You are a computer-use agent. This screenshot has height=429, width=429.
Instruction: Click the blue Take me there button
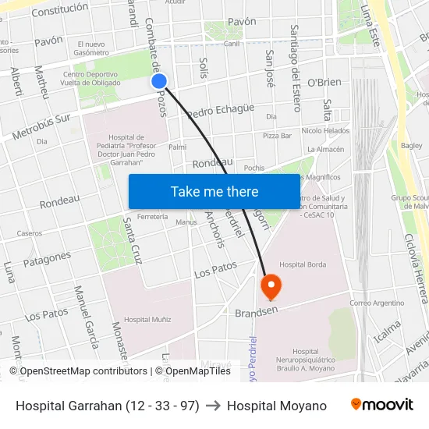pyautogui.click(x=214, y=191)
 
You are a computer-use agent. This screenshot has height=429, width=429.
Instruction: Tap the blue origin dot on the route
pyautogui.click(x=159, y=80)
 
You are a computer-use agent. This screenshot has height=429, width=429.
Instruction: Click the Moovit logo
pyautogui.click(x=381, y=405)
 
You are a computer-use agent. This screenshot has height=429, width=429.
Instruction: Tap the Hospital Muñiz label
pyautogui.click(x=147, y=319)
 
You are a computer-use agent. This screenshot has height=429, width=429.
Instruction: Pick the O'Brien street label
pyautogui.click(x=324, y=82)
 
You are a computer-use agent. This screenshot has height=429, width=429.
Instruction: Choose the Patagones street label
pyautogui.click(x=47, y=259)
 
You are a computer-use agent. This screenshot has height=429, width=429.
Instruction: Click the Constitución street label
pyautogui.click(x=60, y=9)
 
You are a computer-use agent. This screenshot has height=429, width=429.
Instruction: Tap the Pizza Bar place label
pyautogui.click(x=277, y=135)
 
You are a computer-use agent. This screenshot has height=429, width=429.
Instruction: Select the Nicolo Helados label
pyautogui.click(x=325, y=130)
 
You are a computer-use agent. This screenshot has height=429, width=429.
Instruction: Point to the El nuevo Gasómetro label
pyautogui.click(x=91, y=48)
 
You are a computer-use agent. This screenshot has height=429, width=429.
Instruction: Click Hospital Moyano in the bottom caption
pyautogui.click(x=276, y=406)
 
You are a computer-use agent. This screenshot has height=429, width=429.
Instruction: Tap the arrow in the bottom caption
pyautogui.click(x=213, y=406)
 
